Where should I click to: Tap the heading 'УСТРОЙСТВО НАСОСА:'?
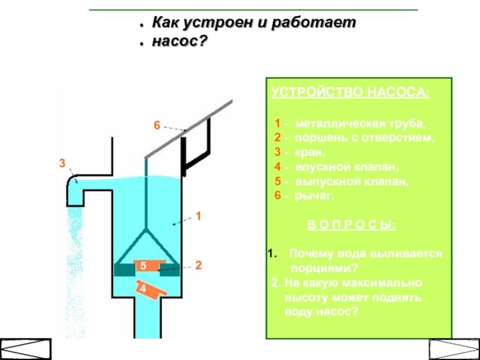(350, 93)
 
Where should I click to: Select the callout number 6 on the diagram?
(157, 126)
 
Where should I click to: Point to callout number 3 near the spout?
(61, 163)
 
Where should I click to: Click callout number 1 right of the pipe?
(199, 215)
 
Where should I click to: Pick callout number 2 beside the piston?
(198, 265)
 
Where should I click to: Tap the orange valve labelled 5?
(144, 265)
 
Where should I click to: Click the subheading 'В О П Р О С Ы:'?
(352, 225)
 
